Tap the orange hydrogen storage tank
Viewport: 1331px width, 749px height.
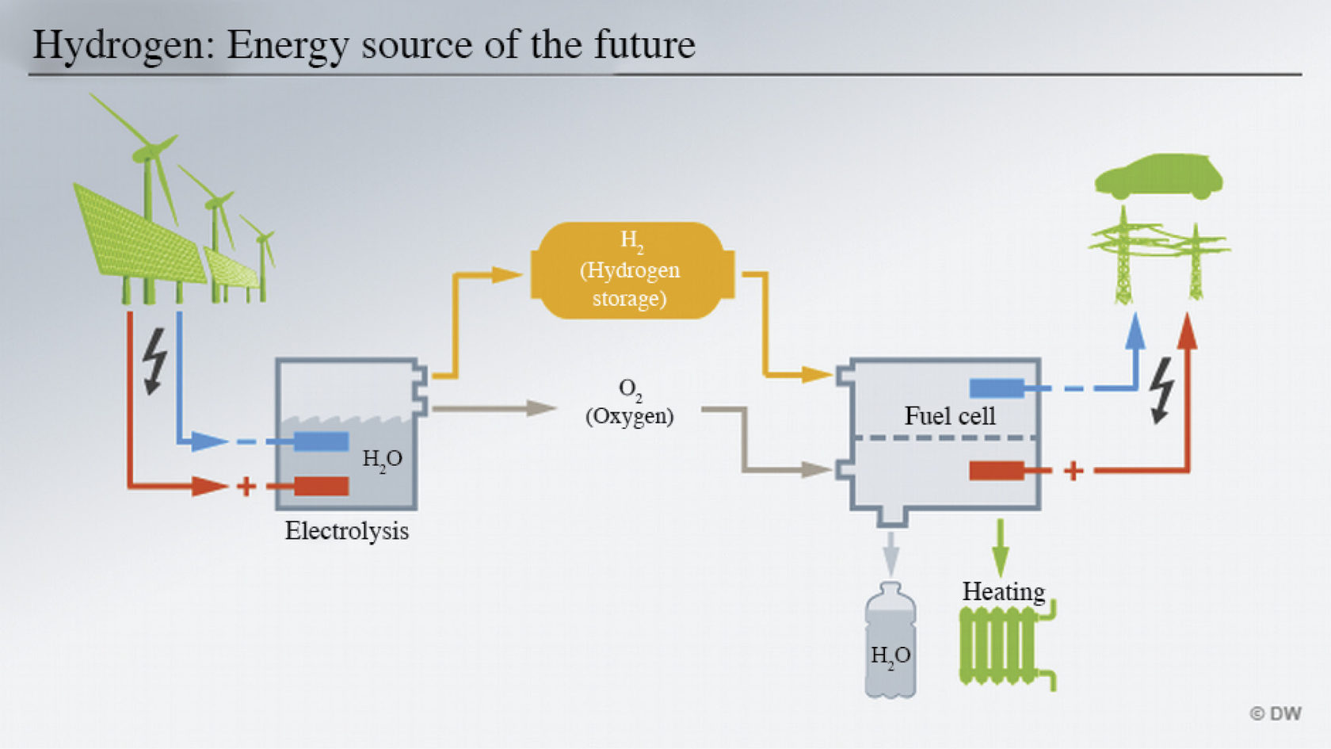pos(631,270)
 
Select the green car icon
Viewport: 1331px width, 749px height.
pos(1158,177)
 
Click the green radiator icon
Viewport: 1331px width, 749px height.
pos(1000,646)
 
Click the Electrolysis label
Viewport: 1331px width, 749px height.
pos(346,531)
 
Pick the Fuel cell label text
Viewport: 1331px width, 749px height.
pos(949,416)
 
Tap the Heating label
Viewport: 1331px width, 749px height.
pos(1003,592)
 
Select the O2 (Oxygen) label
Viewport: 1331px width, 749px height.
pos(630,403)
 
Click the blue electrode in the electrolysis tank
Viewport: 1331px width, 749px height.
pos(321,441)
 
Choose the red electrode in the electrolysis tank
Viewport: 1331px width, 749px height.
pos(321,486)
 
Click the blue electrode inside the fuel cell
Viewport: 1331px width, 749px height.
pos(996,388)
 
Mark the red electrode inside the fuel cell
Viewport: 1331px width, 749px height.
pos(996,471)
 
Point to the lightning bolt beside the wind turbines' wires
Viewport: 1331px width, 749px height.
pos(155,361)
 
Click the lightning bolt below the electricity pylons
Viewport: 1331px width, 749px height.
pos(1161,390)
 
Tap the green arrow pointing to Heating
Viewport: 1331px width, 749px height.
pos(1001,547)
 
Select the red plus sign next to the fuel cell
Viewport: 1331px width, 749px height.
pos(1074,471)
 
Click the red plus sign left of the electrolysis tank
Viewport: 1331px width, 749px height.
pos(246,486)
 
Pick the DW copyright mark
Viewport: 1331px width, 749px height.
pos(1276,713)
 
